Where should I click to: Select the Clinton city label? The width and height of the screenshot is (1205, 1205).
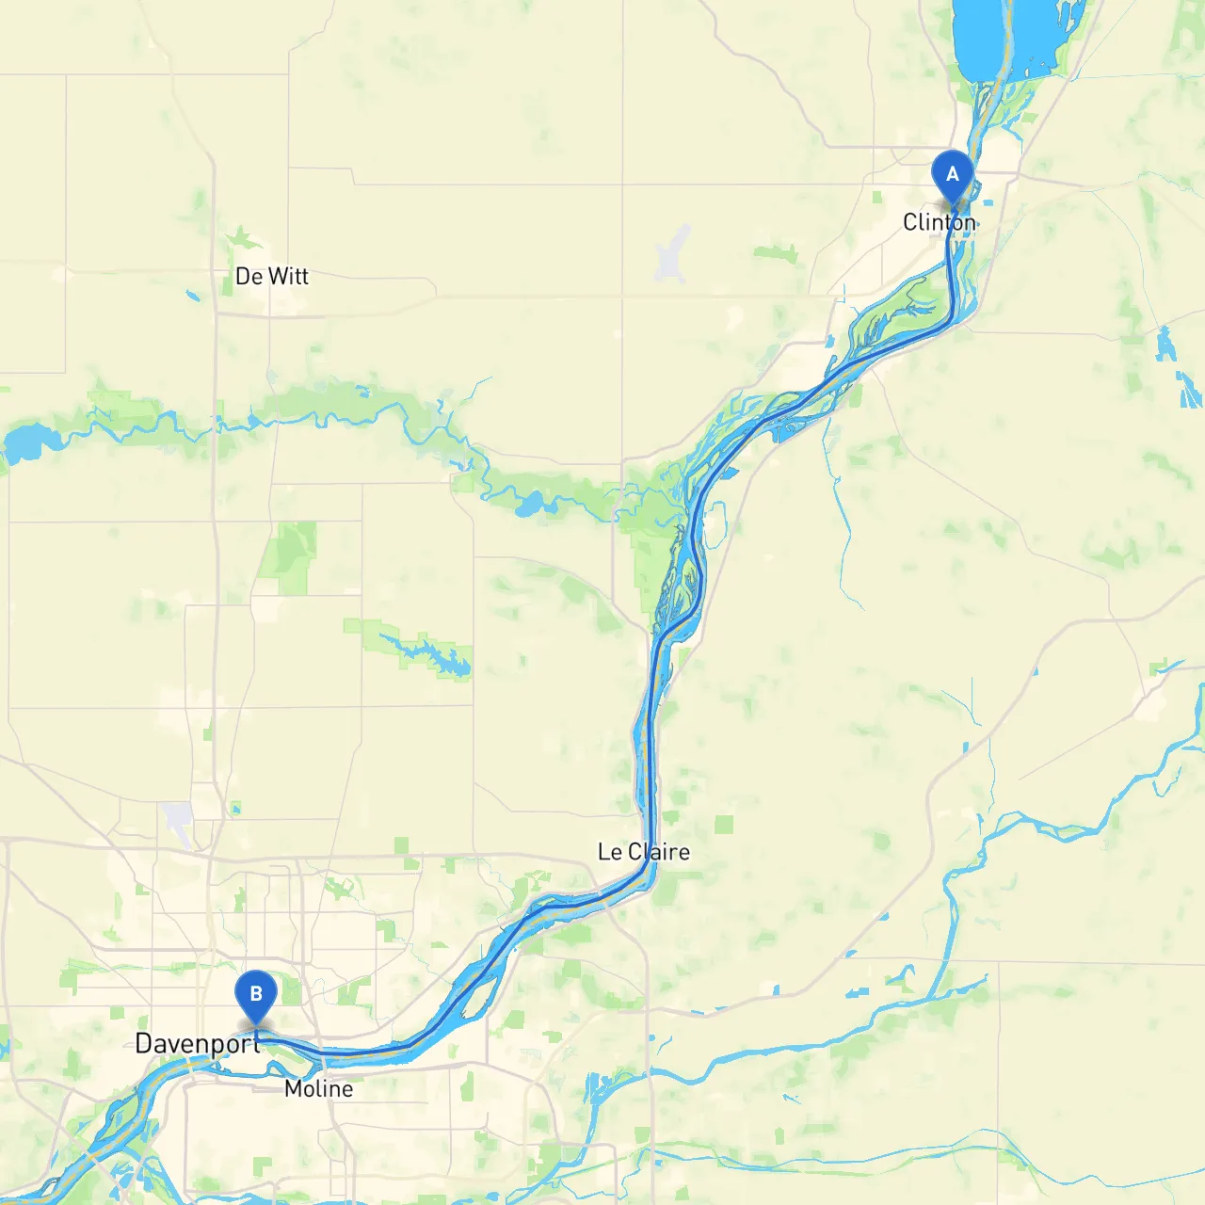click(x=939, y=222)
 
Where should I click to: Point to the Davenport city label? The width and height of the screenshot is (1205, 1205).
click(x=197, y=1043)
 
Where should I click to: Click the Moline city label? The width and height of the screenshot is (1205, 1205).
click(x=318, y=1088)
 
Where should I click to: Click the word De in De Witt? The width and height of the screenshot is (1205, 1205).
click(x=249, y=276)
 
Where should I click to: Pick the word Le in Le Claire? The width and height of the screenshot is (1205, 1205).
click(x=609, y=852)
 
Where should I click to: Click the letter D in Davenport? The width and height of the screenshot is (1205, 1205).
click(x=144, y=1043)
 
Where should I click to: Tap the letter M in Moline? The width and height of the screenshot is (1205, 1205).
click(x=293, y=1088)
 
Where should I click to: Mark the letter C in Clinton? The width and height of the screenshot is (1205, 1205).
click(x=909, y=222)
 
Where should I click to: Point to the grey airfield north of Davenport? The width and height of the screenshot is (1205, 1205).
click(x=177, y=821)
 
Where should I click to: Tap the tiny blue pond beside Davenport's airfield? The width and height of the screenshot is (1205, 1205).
click(x=233, y=807)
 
